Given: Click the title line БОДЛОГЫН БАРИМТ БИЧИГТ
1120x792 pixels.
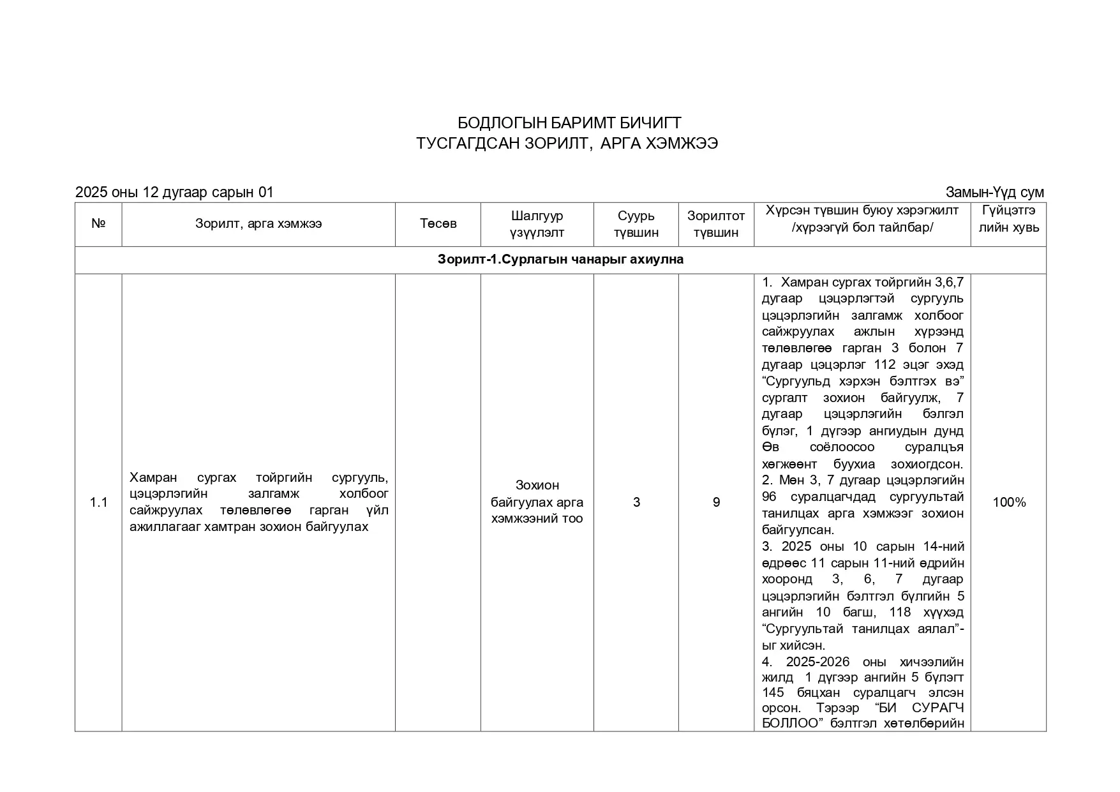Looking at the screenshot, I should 569,123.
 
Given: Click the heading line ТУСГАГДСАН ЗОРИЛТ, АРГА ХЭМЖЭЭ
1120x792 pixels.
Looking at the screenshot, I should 567,144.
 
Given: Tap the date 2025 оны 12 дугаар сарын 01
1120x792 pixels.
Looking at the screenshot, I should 174,192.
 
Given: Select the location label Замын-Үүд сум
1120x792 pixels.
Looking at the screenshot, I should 994,192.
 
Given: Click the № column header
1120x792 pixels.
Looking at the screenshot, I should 98,224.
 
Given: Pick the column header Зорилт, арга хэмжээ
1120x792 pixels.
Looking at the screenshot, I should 258,224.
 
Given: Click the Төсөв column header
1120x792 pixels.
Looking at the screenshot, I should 438,224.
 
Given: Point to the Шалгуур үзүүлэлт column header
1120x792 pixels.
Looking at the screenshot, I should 537,224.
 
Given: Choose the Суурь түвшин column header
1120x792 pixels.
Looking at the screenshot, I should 636,224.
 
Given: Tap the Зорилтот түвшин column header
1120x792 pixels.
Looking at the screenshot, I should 716,224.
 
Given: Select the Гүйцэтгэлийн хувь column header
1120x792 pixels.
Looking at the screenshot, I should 1008,219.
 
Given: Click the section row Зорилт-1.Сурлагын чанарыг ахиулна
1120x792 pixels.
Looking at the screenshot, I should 560,260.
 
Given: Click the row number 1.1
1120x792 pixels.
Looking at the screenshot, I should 98,502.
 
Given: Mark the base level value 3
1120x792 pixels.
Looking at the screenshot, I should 636,502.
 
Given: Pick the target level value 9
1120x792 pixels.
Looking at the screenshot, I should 716,502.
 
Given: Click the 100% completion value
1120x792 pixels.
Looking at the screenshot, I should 1008,502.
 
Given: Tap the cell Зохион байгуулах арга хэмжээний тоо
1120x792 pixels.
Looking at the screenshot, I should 537,502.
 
